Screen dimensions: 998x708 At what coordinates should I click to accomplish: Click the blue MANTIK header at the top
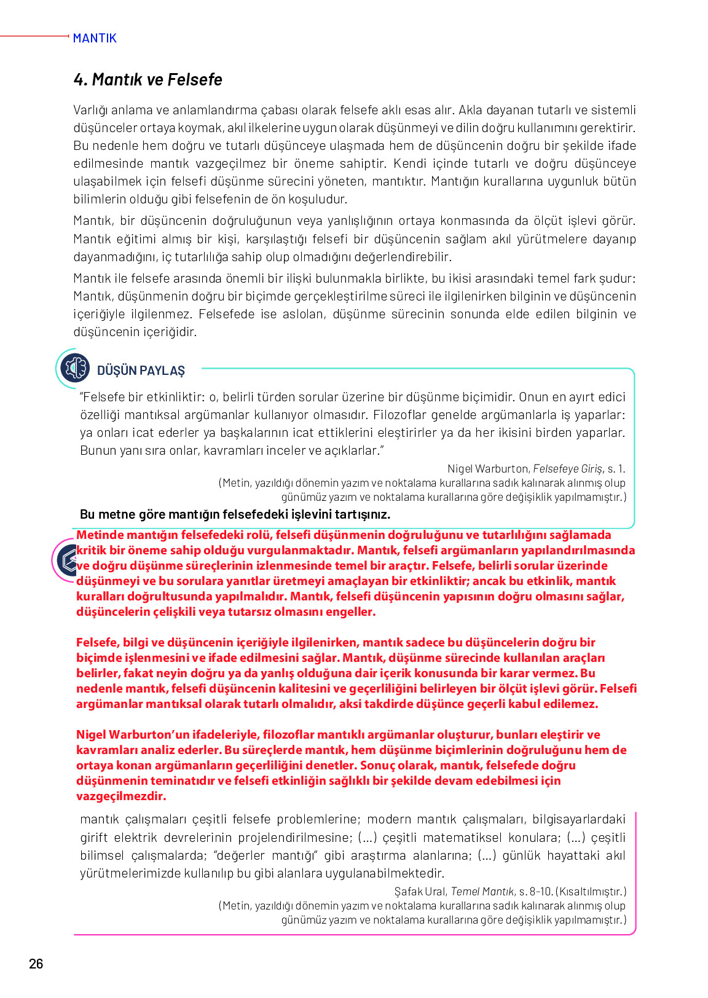(95, 38)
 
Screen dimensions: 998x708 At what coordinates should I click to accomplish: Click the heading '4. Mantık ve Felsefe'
(147, 80)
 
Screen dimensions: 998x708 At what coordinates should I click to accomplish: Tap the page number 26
(36, 963)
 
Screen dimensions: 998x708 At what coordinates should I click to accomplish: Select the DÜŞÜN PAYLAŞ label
(141, 371)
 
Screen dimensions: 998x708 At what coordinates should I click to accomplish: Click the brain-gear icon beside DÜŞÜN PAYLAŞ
(75, 367)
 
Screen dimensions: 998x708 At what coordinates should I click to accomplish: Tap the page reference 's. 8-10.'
(536, 891)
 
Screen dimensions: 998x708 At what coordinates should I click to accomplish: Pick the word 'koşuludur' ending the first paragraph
(318, 199)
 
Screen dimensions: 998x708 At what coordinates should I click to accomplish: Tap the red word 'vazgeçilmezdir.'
(121, 796)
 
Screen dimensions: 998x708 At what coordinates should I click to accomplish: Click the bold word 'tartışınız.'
(363, 514)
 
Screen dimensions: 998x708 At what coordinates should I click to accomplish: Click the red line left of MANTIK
(34, 36)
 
